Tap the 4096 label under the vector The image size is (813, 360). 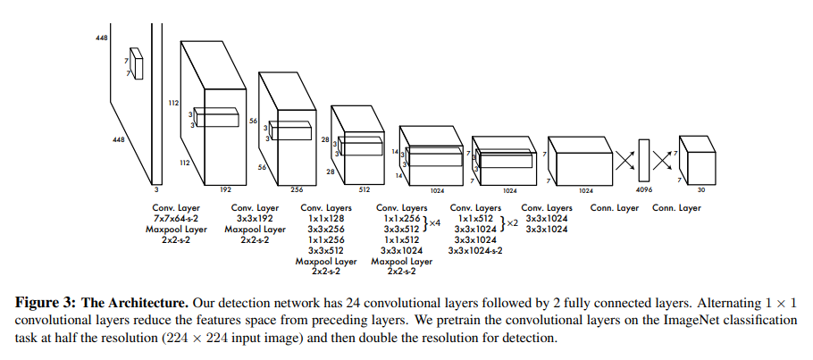coord(644,189)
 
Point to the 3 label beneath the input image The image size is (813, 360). coord(158,189)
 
